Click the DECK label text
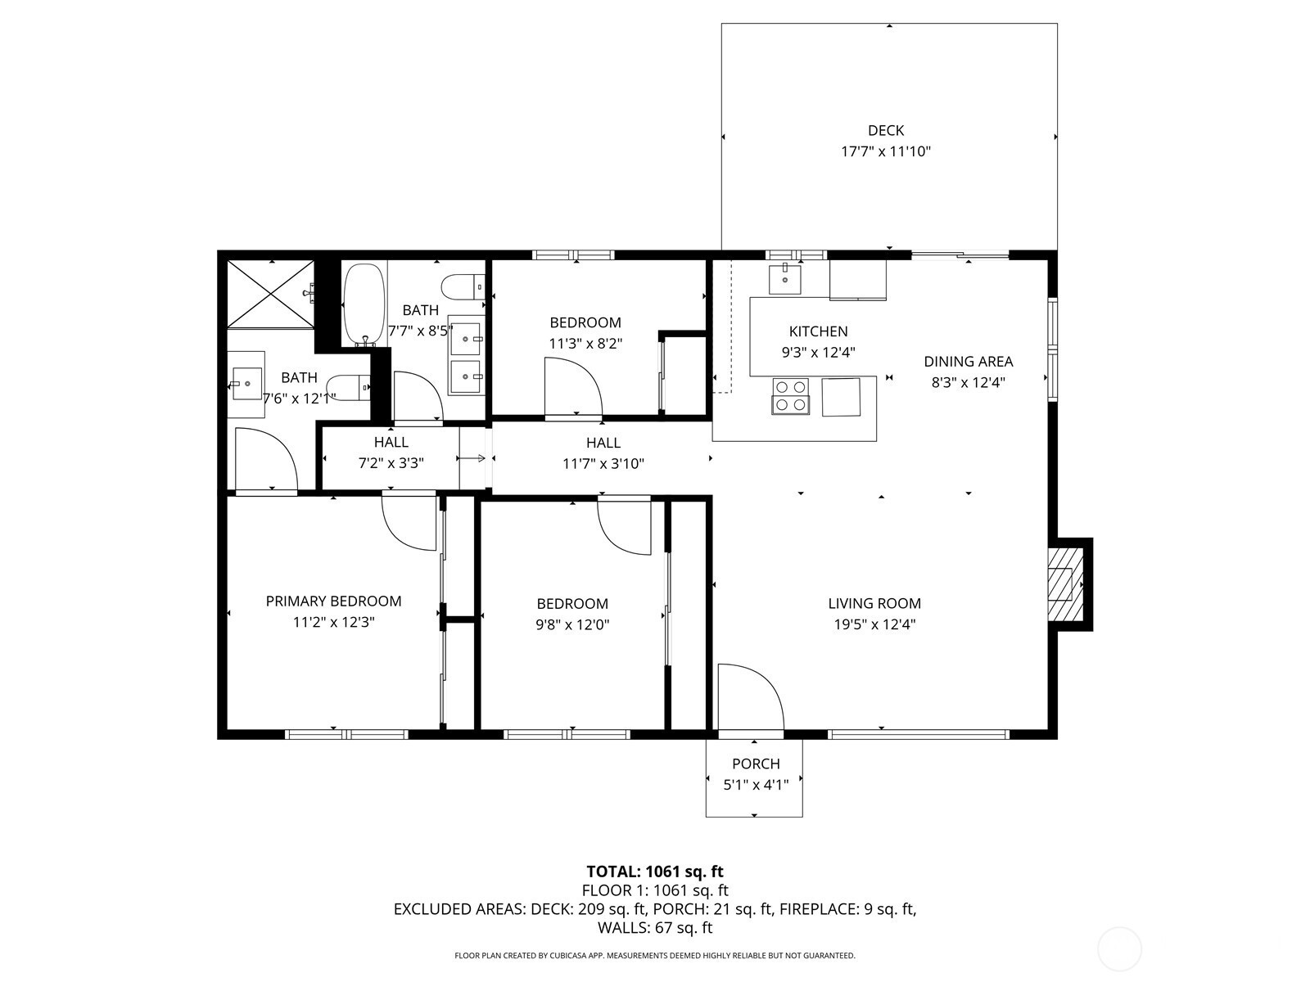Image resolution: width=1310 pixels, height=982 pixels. [886, 130]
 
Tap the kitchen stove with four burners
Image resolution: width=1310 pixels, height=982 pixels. [790, 395]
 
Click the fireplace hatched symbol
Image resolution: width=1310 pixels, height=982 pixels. [1062, 584]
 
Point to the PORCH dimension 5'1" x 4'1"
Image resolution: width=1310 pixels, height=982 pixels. [755, 785]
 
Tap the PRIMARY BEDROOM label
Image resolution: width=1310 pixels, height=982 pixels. [333, 601]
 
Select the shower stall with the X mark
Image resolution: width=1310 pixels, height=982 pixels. [269, 293]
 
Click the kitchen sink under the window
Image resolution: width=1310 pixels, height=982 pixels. [785, 278]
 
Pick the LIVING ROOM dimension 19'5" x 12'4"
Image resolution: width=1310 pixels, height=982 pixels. [874, 624]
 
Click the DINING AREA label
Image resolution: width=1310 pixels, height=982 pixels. [968, 361]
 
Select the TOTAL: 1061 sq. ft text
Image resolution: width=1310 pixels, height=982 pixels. [655, 872]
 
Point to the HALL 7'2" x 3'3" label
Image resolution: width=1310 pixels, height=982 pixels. [391, 442]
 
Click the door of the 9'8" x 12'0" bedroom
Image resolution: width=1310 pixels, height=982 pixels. [624, 523]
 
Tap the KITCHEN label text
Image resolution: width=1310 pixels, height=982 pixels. [818, 331]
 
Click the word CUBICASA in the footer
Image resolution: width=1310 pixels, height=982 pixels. [582, 955]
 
